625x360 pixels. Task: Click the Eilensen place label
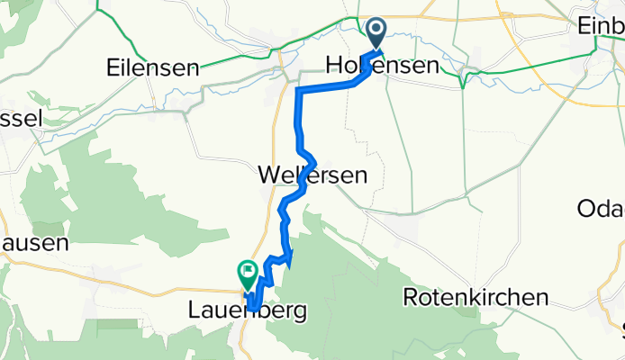pos(152,67)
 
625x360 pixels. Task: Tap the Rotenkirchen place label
pos(476,297)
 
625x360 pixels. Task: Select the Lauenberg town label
pos(248,311)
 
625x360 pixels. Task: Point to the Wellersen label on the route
pos(312,175)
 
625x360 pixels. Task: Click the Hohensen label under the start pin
pos(382,67)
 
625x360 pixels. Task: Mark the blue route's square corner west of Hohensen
pos(298,90)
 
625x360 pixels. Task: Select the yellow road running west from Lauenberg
pos(162,286)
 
